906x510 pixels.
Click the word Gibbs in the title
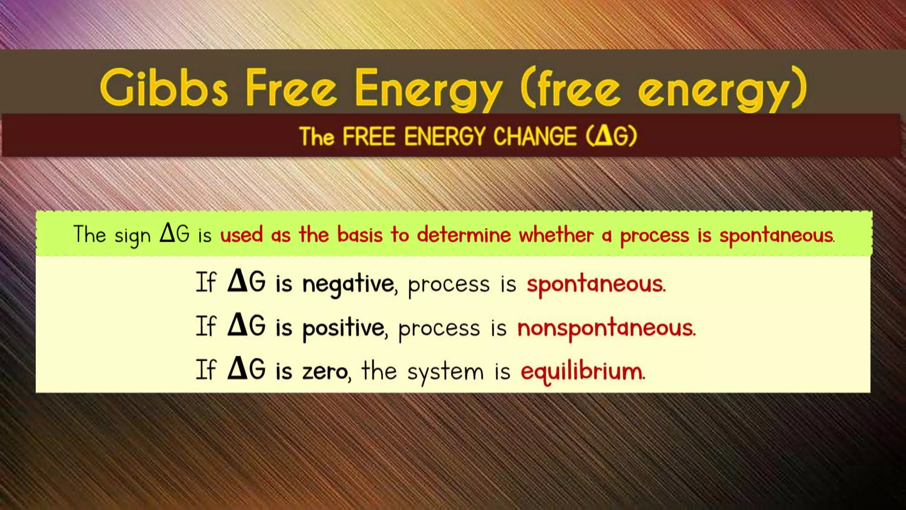pos(164,88)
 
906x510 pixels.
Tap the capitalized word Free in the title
pos(291,88)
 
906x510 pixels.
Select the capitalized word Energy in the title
pos(428,90)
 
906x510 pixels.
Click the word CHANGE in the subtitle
pos(535,136)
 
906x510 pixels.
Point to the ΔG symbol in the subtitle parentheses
pos(611,136)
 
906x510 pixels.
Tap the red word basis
pos(360,235)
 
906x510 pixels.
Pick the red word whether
pos(556,235)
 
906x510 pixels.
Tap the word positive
pos(344,328)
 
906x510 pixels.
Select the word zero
pos(325,371)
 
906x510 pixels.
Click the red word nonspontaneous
pos(606,328)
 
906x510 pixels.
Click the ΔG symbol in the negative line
pos(246,282)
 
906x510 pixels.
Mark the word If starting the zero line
pos(206,370)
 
